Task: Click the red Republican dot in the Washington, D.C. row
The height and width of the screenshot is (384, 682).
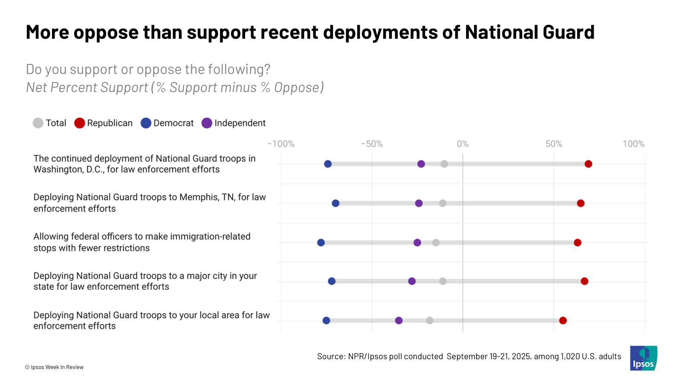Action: point(588,164)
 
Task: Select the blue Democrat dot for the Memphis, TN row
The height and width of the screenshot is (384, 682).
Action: point(335,203)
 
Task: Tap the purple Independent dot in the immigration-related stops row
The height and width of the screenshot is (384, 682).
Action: point(417,242)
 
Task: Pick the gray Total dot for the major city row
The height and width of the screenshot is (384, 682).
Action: point(443,281)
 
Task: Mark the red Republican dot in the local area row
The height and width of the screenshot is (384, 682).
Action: point(563,320)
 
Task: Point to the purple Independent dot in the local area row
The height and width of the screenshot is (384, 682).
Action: point(399,320)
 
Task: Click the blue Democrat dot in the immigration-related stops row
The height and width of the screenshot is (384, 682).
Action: point(321,242)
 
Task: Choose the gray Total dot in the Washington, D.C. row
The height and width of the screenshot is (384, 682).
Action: point(444,164)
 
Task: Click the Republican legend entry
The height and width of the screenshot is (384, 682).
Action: point(104,123)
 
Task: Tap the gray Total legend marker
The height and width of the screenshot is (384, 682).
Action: point(38,123)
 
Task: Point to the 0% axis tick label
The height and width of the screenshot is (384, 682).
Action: point(462,144)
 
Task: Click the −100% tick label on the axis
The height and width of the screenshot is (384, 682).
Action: point(280,144)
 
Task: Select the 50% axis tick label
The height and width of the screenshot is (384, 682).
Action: point(554,144)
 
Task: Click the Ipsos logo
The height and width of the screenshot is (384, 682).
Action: point(643,358)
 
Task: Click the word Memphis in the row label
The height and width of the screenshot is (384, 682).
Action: point(199,197)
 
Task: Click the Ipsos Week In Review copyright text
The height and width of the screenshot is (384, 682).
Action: point(55,367)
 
